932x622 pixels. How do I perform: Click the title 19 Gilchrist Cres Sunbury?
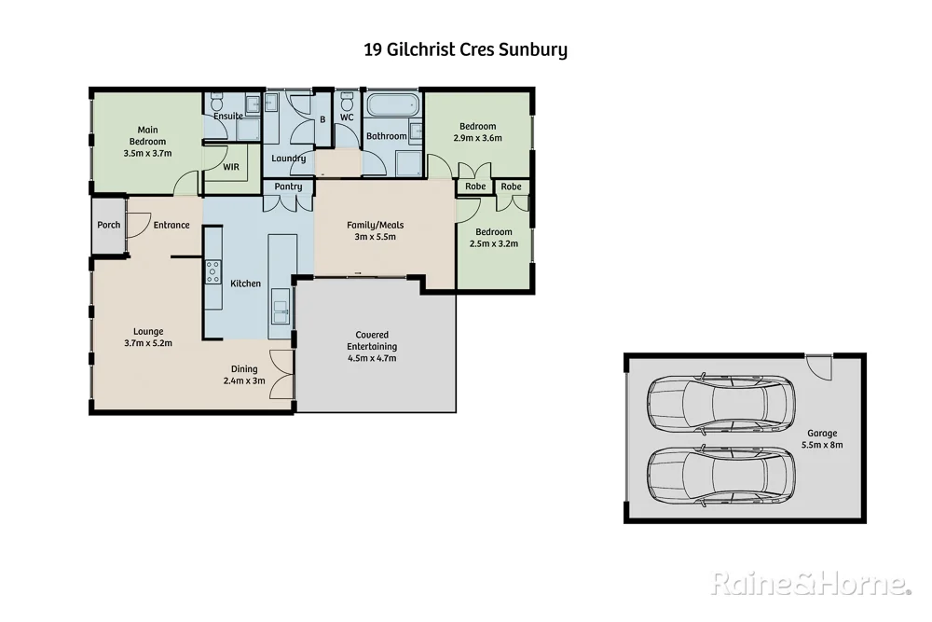(x=465, y=49)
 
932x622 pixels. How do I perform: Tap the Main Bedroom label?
(x=147, y=135)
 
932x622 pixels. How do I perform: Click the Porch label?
(x=108, y=225)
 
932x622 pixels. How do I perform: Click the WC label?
(x=346, y=117)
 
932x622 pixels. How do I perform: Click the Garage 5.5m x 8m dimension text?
(x=822, y=446)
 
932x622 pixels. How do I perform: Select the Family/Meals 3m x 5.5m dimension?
(x=375, y=237)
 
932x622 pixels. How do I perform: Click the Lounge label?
(x=148, y=331)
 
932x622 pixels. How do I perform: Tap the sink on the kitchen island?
(x=281, y=304)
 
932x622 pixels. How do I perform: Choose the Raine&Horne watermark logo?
(x=810, y=584)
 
